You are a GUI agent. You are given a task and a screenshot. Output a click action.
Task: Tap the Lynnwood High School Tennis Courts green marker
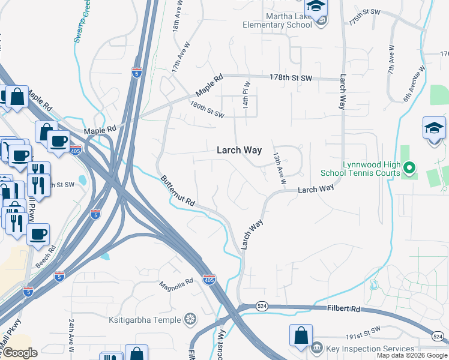click(409, 168)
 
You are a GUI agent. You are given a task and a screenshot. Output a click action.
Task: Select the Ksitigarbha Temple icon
click(190, 318)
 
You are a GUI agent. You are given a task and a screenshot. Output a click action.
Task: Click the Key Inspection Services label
click(371, 349)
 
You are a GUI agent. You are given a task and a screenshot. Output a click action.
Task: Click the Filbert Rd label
click(343, 309)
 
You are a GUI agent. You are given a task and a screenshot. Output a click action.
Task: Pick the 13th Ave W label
click(279, 168)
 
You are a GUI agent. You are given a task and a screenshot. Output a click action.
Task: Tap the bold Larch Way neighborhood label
click(239, 151)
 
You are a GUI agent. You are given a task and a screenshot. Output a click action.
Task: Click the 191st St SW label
click(362, 330)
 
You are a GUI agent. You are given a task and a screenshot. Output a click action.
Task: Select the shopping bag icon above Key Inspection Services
click(301, 335)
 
